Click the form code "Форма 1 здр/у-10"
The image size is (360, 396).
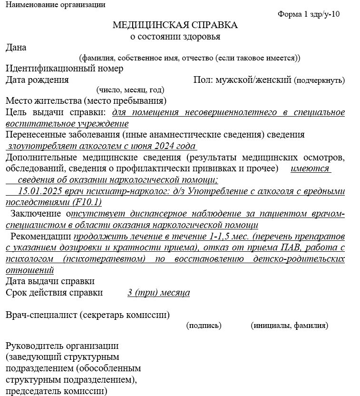tap(308, 14)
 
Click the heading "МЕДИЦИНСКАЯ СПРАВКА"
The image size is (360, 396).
tap(175, 25)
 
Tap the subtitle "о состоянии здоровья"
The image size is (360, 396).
tap(175, 37)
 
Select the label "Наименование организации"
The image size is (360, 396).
tap(56, 5)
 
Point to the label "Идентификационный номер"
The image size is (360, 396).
tap(64, 69)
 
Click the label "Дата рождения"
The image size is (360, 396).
tap(37, 80)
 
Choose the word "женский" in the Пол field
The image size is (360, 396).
tap(275, 80)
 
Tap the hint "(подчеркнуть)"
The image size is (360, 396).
tap(320, 80)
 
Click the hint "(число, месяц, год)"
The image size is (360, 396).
tap(130, 89)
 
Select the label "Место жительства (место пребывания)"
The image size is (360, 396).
tap(86, 101)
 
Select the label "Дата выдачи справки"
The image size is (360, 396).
tap(50, 282)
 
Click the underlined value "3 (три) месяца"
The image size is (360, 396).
tap(158, 293)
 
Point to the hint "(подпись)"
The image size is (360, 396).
tap(204, 326)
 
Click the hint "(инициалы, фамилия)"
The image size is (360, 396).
tap(289, 326)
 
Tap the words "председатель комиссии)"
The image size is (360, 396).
tap(57, 392)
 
